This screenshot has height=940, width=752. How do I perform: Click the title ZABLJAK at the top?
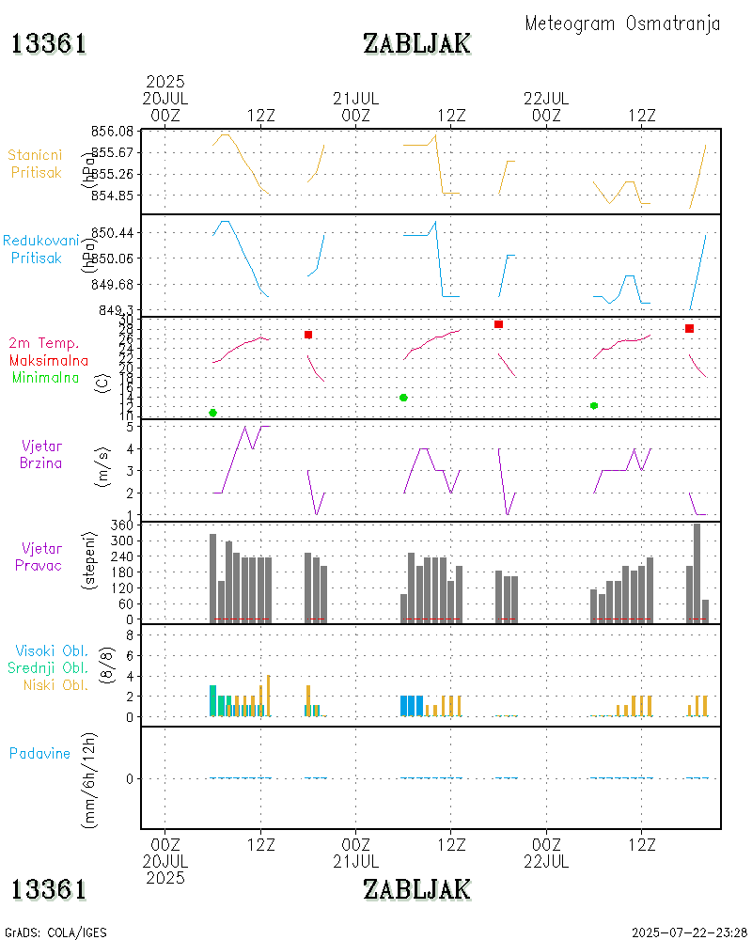click(416, 43)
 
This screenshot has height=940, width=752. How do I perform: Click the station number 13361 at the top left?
click(49, 43)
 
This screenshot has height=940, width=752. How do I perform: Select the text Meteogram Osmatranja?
click(622, 23)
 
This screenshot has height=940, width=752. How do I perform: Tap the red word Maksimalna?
click(49, 360)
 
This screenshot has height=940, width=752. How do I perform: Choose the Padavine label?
click(39, 753)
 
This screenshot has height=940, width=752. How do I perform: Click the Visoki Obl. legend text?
click(51, 650)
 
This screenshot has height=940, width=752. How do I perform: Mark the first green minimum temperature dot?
click(213, 413)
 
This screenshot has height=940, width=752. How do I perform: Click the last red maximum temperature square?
click(689, 328)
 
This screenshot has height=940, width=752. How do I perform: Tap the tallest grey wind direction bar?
click(697, 572)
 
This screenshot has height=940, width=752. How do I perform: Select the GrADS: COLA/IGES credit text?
click(55, 932)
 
